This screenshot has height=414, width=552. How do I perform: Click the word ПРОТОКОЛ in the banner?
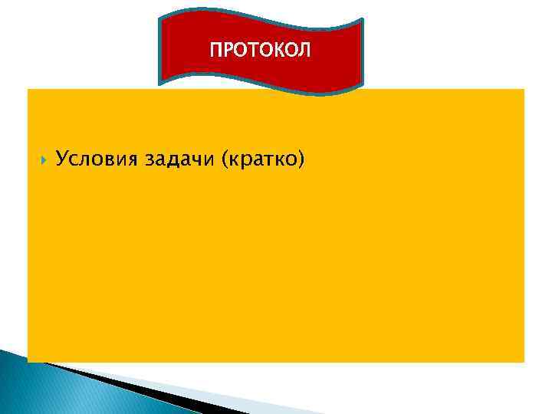coord(261,51)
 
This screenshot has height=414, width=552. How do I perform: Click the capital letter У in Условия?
coord(62,159)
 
